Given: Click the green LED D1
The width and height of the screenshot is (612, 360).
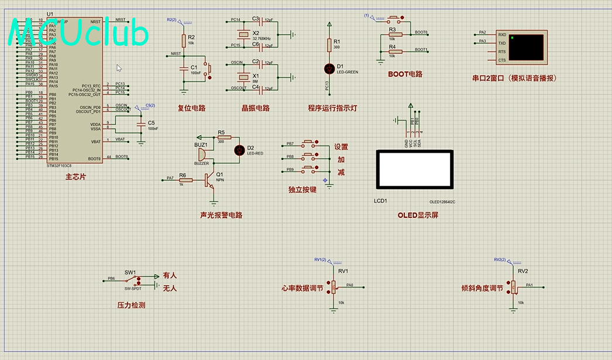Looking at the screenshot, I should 329,68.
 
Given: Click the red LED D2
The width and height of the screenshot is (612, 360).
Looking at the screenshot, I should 239,150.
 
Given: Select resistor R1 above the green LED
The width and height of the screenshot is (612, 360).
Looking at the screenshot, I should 329,45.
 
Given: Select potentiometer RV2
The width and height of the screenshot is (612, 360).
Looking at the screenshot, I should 514,286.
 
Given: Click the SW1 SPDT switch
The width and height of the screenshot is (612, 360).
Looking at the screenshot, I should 133,280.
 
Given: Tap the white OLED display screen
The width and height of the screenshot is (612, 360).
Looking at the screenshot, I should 414,169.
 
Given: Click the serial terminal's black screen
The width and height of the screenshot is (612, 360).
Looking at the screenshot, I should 526,47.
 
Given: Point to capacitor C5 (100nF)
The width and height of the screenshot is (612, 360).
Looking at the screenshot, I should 140,125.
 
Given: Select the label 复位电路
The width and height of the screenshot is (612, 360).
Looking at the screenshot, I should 191,108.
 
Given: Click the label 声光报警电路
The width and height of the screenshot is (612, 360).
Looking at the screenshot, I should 221,215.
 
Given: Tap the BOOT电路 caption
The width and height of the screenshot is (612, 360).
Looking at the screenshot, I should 405,74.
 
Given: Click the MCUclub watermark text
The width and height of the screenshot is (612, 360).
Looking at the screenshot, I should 79,33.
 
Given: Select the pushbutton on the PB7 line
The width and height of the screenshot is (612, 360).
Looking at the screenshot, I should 310,143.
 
